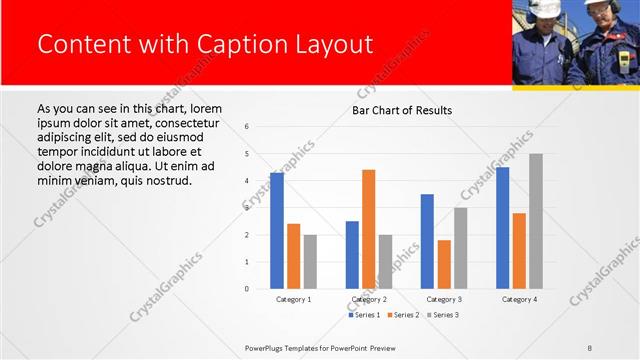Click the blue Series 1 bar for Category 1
tap(277, 231)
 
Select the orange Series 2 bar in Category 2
tap(369, 229)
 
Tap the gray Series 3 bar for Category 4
tap(536, 221)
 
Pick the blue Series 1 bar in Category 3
tap(427, 241)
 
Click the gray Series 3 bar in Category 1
tap(310, 261)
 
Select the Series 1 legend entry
tap(364, 315)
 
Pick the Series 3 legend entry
tap(443, 315)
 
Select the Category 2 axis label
tap(369, 299)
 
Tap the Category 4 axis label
tap(519, 299)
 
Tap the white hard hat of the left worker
tap(544, 8)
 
